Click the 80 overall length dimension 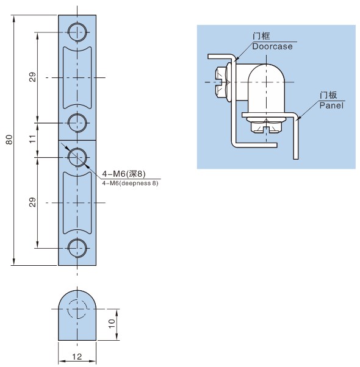coord(9,140)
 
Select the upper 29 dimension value coord(33,77)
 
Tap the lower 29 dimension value coord(33,202)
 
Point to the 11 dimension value coord(33,139)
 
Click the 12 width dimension coord(77,357)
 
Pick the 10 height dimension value coord(112,324)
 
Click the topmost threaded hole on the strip coord(77,32)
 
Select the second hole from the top coord(77,123)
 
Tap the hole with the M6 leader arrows coord(77,157)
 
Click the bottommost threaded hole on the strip coord(77,248)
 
